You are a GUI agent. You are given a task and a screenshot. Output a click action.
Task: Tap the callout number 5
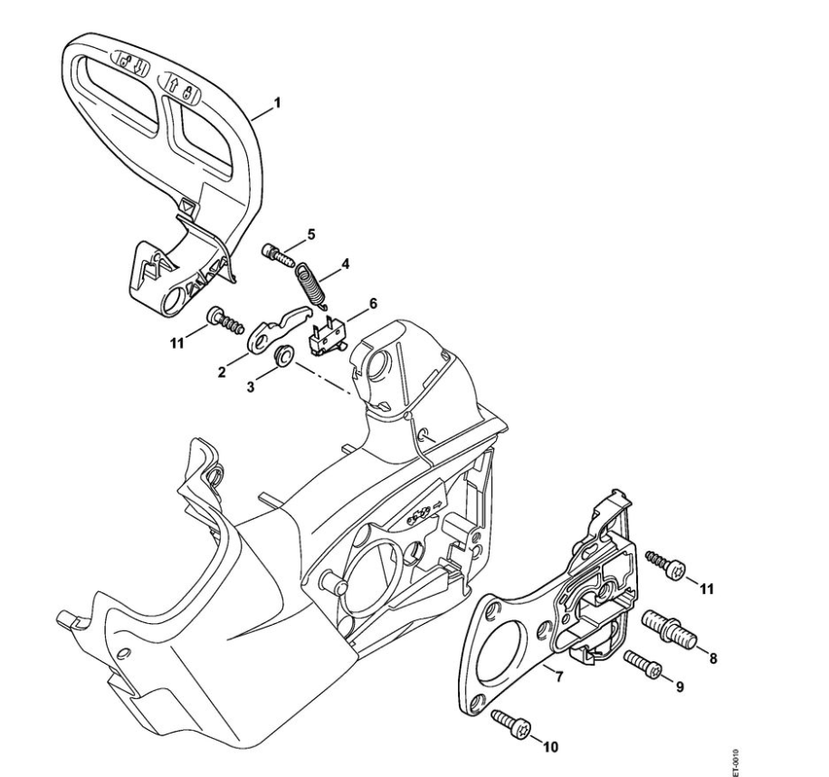[x=310, y=235]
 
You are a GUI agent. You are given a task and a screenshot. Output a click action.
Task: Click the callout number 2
[x=222, y=371]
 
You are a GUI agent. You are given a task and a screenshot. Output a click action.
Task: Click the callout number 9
[x=678, y=686]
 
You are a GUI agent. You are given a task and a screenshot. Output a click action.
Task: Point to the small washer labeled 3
[x=281, y=354]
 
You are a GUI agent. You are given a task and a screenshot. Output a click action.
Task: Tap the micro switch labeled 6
[x=325, y=334]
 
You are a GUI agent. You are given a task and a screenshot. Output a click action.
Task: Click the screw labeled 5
[x=279, y=251]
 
